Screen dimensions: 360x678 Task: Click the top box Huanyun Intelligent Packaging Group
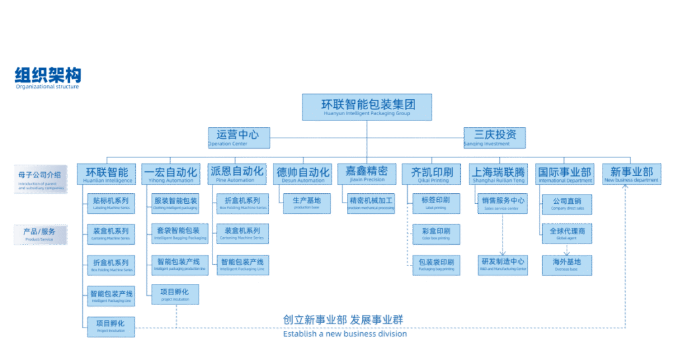click(367, 107)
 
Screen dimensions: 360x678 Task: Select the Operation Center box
click(238, 138)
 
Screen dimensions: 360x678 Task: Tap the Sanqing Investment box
click(495, 138)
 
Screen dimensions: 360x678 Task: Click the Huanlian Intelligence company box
click(107, 174)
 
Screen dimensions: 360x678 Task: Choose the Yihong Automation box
click(171, 174)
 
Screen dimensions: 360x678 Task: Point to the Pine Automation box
click(236, 174)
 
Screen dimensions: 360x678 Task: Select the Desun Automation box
click(302, 174)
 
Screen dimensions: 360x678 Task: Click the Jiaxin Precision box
click(366, 174)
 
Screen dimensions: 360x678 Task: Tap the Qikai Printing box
click(432, 174)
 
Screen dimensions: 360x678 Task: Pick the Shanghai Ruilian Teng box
click(499, 174)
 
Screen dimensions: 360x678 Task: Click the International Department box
click(565, 174)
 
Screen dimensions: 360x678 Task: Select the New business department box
click(632, 173)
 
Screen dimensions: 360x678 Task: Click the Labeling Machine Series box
click(111, 203)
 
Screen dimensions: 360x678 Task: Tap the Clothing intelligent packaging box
click(175, 203)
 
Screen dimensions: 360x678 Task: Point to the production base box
click(307, 203)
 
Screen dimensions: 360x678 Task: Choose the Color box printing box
click(436, 234)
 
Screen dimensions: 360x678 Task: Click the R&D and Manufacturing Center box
click(503, 265)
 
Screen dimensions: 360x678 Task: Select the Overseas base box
click(567, 265)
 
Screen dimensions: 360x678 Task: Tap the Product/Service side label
click(40, 234)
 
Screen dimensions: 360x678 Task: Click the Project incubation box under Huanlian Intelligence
click(111, 327)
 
